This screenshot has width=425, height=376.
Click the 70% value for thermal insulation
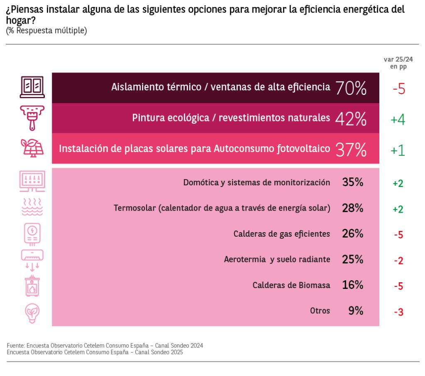[x=351, y=88]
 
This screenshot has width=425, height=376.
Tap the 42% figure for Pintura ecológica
[x=351, y=119]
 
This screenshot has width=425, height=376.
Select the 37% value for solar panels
[x=351, y=150]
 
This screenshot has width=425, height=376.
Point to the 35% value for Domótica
[x=353, y=182]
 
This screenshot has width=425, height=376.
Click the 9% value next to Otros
[x=356, y=311]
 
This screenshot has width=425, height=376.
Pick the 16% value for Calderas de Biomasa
[x=353, y=285]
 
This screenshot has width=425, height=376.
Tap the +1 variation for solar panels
[x=398, y=150]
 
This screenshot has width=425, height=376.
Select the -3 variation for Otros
[x=398, y=312]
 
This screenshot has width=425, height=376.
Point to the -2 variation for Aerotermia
[x=398, y=261]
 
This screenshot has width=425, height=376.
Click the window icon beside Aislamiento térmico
[x=32, y=87]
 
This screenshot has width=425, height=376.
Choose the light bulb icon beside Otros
[x=32, y=313]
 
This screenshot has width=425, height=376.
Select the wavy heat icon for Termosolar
[x=32, y=207]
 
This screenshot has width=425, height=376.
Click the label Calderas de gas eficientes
[x=282, y=234]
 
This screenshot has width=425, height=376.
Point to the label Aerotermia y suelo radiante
[x=277, y=260]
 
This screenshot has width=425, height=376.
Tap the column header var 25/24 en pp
[x=398, y=63]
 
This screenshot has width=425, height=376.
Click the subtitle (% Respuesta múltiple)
[x=46, y=31]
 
